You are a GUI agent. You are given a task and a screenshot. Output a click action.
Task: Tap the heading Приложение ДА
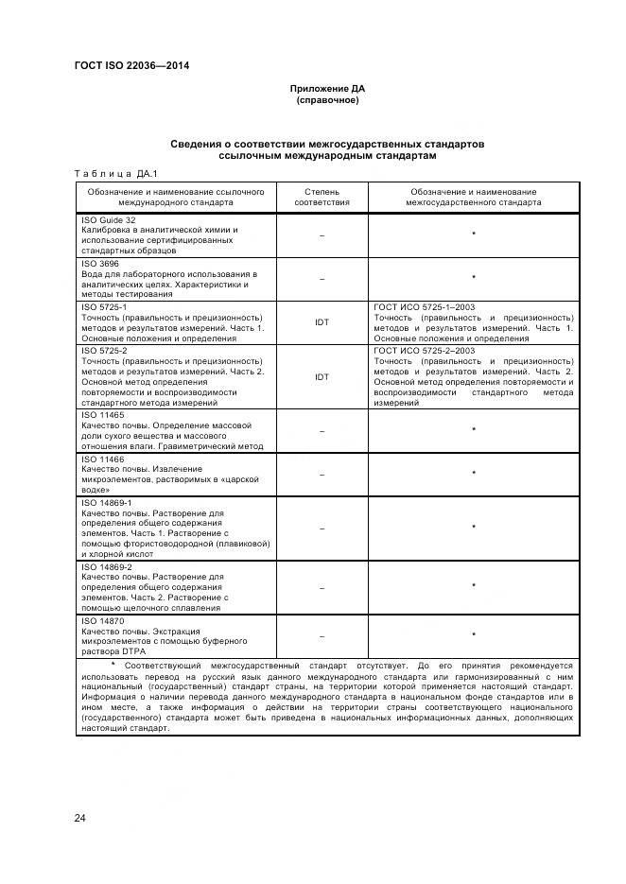click(326, 88)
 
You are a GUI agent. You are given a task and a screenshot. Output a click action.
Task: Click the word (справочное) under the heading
click(326, 99)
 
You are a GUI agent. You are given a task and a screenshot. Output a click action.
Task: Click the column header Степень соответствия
click(322, 196)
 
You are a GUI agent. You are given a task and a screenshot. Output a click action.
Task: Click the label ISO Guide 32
click(109, 219)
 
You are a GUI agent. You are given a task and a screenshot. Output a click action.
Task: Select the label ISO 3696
click(99, 264)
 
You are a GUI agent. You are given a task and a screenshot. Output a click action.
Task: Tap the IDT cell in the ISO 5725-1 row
click(322, 322)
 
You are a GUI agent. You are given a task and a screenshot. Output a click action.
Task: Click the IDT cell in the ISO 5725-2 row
click(322, 376)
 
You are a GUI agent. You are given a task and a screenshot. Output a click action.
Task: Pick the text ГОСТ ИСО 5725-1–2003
click(425, 307)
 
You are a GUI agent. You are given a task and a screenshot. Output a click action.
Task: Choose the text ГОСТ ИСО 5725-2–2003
click(425, 351)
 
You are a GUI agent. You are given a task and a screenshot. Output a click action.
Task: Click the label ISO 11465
click(102, 415)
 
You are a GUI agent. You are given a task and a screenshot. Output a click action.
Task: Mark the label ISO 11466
click(102, 459)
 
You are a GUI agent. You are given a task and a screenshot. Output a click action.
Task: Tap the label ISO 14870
click(102, 621)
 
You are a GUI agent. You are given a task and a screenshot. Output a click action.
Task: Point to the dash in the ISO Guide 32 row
click(322, 234)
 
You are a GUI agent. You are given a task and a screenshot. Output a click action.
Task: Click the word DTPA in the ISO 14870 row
click(125, 652)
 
